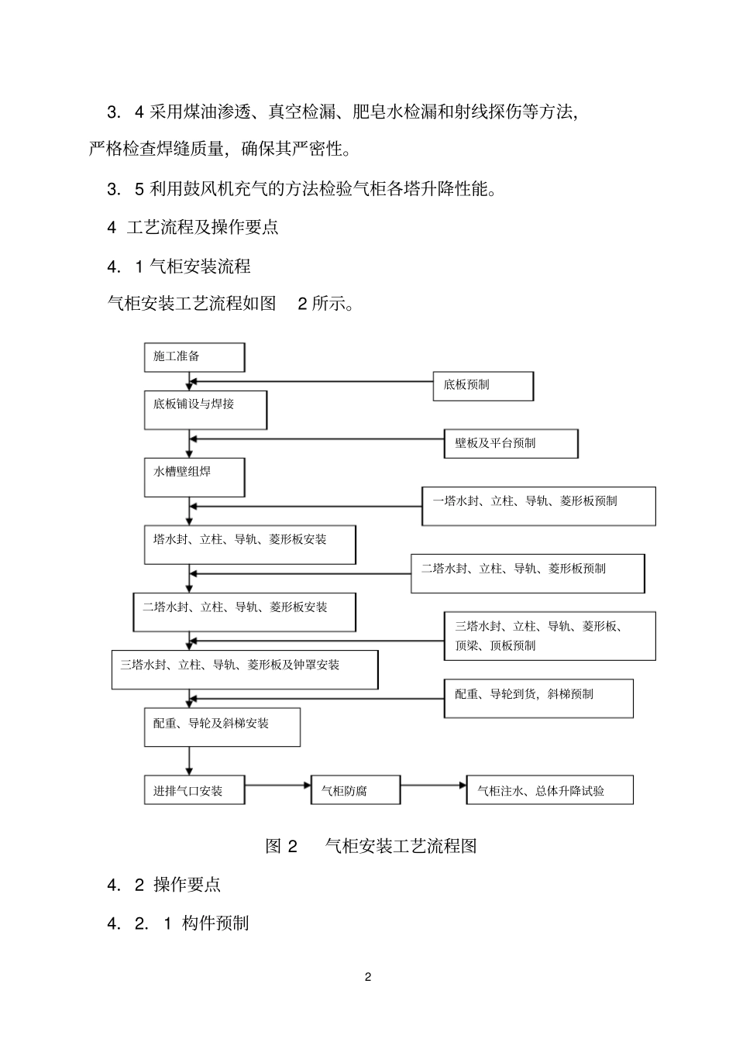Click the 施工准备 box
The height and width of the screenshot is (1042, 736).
point(194,357)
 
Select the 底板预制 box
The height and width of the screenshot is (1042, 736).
point(483,386)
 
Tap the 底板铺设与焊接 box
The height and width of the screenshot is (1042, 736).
point(205,410)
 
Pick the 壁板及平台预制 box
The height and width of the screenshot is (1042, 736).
point(511,443)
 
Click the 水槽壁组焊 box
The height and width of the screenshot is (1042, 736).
point(194,477)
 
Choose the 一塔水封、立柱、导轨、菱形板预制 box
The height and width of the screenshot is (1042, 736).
point(538,506)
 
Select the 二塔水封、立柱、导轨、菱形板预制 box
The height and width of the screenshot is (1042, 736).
point(527,573)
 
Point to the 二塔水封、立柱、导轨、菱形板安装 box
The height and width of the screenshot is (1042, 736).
point(244,612)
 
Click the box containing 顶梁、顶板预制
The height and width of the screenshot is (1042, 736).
point(549,636)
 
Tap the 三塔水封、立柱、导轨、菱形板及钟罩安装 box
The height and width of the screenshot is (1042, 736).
point(245,669)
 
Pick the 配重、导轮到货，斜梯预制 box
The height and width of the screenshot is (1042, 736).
point(538,698)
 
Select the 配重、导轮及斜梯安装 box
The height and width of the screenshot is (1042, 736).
point(222,727)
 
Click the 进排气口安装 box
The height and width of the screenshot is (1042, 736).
point(194,790)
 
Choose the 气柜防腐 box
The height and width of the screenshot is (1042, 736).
point(356,790)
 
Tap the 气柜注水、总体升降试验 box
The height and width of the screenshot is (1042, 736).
point(549,790)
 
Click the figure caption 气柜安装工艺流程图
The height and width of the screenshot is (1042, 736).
point(400,846)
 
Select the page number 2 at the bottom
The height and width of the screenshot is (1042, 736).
point(368,977)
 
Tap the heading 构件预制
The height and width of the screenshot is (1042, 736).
point(215,923)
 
